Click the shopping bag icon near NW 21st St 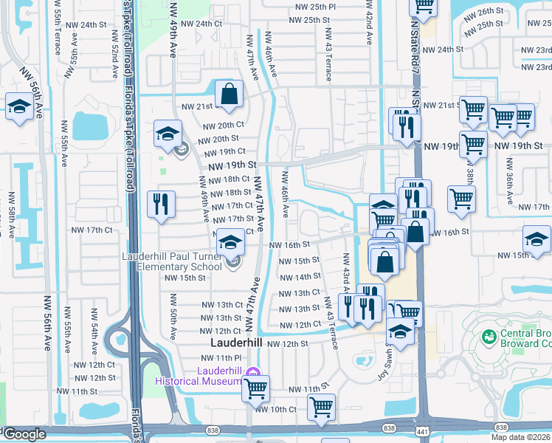coord(230,94)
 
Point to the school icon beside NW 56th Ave coord(18,107)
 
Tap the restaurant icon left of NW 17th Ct coord(160,204)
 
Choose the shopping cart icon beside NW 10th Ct coord(322,407)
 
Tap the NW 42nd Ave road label coord(368,22)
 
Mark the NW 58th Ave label coord(12,215)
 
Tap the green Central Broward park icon coord(488,337)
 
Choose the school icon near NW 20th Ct coord(168,134)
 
